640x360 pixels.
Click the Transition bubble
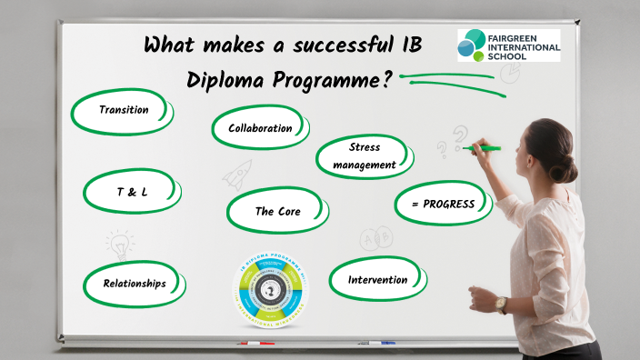click(x=124, y=110)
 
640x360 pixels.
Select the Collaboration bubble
click(x=259, y=128)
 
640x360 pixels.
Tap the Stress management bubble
click(x=364, y=155)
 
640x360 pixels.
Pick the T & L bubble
click(x=132, y=193)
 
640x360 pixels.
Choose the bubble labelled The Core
click(x=277, y=211)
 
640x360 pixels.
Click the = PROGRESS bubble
click(x=443, y=204)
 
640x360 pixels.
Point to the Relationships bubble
click(x=134, y=283)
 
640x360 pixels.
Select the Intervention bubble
click(x=377, y=279)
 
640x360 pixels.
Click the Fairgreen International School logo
click(x=508, y=45)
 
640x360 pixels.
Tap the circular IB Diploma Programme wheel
click(x=272, y=290)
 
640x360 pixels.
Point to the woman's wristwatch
click(x=501, y=305)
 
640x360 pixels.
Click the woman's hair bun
click(x=569, y=169)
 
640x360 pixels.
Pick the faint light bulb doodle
click(x=118, y=243)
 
